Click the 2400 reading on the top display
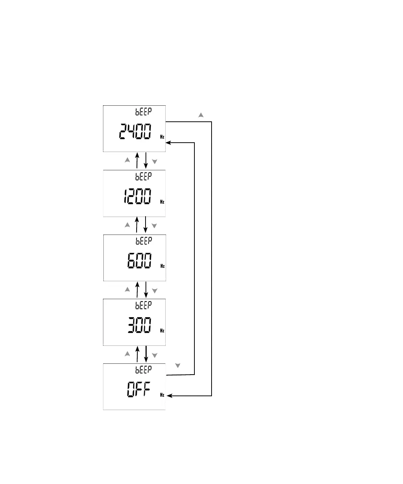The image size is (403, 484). click(135, 132)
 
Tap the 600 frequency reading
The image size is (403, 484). click(139, 261)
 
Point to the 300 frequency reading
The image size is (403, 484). click(139, 325)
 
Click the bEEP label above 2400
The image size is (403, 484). click(143, 111)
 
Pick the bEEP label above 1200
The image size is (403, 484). click(143, 176)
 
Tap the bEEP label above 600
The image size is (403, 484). click(144, 241)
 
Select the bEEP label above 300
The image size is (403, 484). click(143, 305)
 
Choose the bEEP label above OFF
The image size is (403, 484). click(143, 369)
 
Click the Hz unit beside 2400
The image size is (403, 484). click(162, 137)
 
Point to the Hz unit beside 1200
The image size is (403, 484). click(162, 202)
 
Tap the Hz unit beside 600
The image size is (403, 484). click(163, 266)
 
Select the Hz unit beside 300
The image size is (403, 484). click(162, 331)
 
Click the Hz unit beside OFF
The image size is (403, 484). click(162, 395)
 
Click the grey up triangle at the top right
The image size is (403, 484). click(201, 115)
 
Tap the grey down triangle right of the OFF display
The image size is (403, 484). click(178, 366)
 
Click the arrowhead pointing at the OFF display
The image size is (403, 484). click(169, 395)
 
